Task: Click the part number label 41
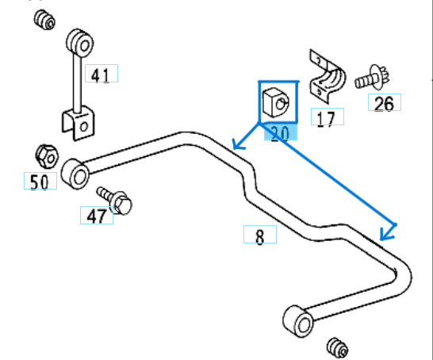pos(102,74)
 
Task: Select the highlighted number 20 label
pos(281,132)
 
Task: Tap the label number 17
pos(328,117)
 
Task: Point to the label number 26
pos(385,102)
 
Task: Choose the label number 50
pos(40,181)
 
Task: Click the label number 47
pos(97,216)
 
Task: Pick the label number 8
pos(260,235)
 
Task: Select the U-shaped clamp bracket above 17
pos(328,77)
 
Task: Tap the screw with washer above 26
pos(372,79)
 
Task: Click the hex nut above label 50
pos(47,156)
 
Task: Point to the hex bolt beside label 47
pos(115,200)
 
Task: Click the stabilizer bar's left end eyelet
pos(75,174)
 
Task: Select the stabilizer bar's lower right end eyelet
pos(298,321)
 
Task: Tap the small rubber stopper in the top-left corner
pos(44,20)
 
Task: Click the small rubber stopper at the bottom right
pos(338,348)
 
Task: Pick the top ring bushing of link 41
pos(80,43)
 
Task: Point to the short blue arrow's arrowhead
pos(237,145)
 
